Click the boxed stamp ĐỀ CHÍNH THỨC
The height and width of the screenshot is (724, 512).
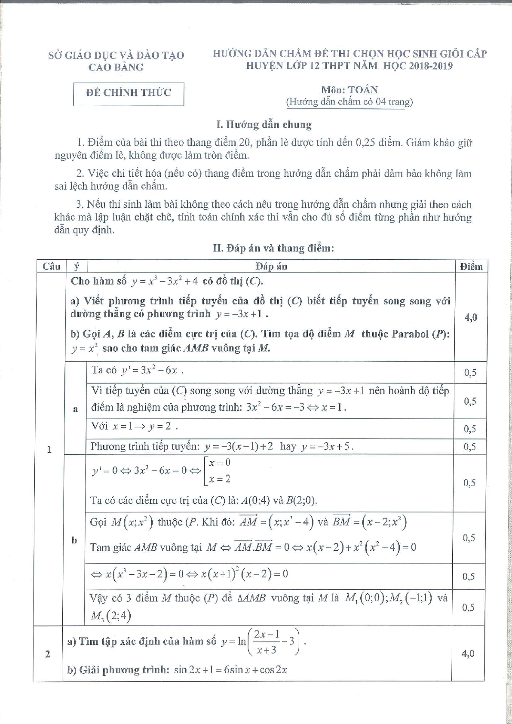pyautogui.click(x=129, y=93)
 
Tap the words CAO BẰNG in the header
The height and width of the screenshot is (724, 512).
pyautogui.click(x=116, y=67)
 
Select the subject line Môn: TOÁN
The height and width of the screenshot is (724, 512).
pyautogui.click(x=350, y=90)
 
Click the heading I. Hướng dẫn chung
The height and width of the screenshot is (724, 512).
pyautogui.click(x=264, y=125)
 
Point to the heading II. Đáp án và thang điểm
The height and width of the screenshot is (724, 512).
pyautogui.click(x=273, y=248)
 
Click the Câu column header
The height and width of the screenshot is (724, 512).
pyautogui.click(x=51, y=267)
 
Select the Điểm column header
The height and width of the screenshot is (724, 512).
pyautogui.click(x=471, y=267)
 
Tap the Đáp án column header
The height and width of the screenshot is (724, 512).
pyautogui.click(x=271, y=267)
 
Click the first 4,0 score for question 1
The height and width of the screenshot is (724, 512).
pyautogui.click(x=471, y=318)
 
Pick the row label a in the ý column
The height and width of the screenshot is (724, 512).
pyautogui.click(x=75, y=409)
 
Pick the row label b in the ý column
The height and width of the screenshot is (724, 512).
pyautogui.click(x=74, y=540)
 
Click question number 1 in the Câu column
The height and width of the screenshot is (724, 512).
pyautogui.click(x=49, y=449)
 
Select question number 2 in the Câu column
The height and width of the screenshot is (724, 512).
pyautogui.click(x=47, y=654)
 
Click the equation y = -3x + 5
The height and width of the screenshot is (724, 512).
pyautogui.click(x=327, y=447)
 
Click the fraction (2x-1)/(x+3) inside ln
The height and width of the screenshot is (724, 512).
pyautogui.click(x=267, y=642)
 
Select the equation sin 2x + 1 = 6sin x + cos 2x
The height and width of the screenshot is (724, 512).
pyautogui.click(x=230, y=670)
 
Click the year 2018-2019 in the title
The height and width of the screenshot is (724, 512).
pyautogui.click(x=430, y=66)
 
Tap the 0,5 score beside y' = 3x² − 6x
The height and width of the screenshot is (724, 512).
pyautogui.click(x=470, y=373)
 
